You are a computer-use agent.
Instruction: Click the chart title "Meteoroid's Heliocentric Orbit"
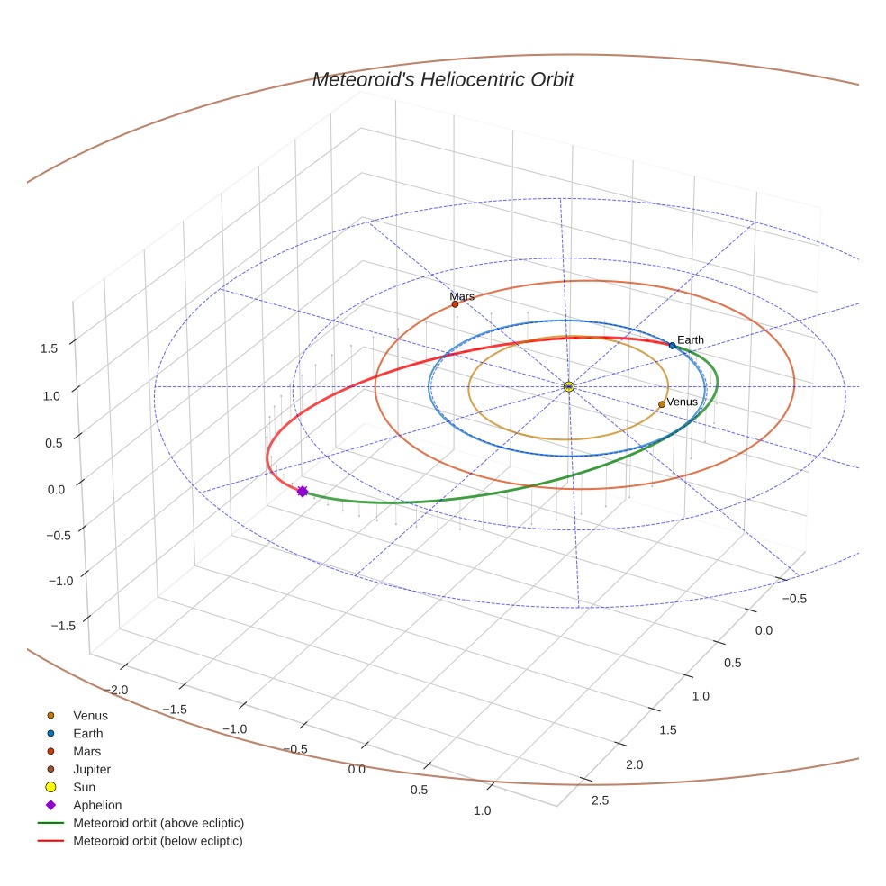point(442,79)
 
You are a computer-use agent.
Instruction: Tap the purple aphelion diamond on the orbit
point(303,491)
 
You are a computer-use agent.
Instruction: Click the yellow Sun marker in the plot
point(568,386)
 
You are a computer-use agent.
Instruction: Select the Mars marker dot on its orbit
point(455,304)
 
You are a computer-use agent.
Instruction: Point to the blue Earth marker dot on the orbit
point(672,346)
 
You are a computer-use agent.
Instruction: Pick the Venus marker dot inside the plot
point(662,404)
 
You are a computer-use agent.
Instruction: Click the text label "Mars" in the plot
point(462,295)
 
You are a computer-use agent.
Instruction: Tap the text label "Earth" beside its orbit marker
point(691,339)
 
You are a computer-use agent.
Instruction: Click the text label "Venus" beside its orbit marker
point(682,402)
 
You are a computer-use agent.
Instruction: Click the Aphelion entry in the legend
point(97,805)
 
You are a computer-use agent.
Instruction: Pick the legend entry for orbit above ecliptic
point(158,823)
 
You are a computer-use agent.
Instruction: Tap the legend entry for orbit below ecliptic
point(158,841)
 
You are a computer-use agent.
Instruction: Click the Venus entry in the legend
point(90,715)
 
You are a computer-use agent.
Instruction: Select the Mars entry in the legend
point(86,751)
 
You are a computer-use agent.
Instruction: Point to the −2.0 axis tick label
point(118,689)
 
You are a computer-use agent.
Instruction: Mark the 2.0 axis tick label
point(634,764)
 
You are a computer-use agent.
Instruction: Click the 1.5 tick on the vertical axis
point(50,348)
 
